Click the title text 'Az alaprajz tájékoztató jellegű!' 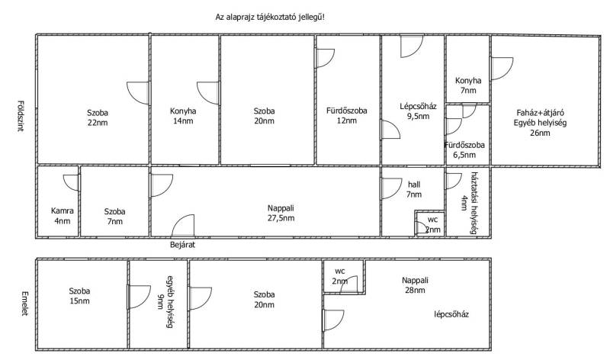pos(271,16)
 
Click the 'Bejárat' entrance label pos(184,246)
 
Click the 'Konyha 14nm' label pos(183,116)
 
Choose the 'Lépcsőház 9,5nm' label pos(417,111)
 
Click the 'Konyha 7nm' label pos(467,85)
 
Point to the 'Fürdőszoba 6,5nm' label pos(464,149)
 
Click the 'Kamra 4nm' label pos(61,217)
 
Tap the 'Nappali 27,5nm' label pos(281,213)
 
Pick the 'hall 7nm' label pos(414,190)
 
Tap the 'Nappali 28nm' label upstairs pos(416,287)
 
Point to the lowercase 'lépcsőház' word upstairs pos(451,314)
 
